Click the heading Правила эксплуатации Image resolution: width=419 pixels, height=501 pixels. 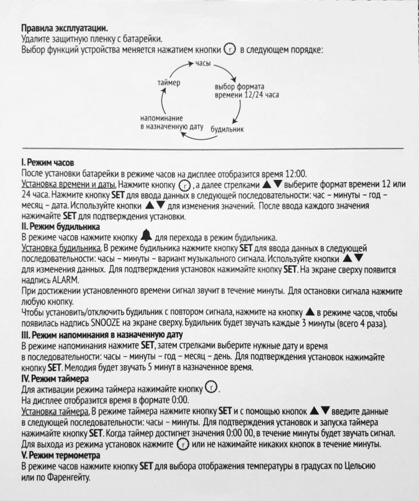pos(64,27)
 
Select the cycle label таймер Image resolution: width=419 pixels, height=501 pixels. pos(169,82)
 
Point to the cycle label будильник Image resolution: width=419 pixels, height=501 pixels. pos(227,130)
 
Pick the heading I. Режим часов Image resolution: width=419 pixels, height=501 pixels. pos(47,163)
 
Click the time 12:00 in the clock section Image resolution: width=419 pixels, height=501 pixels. pos(295,172)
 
